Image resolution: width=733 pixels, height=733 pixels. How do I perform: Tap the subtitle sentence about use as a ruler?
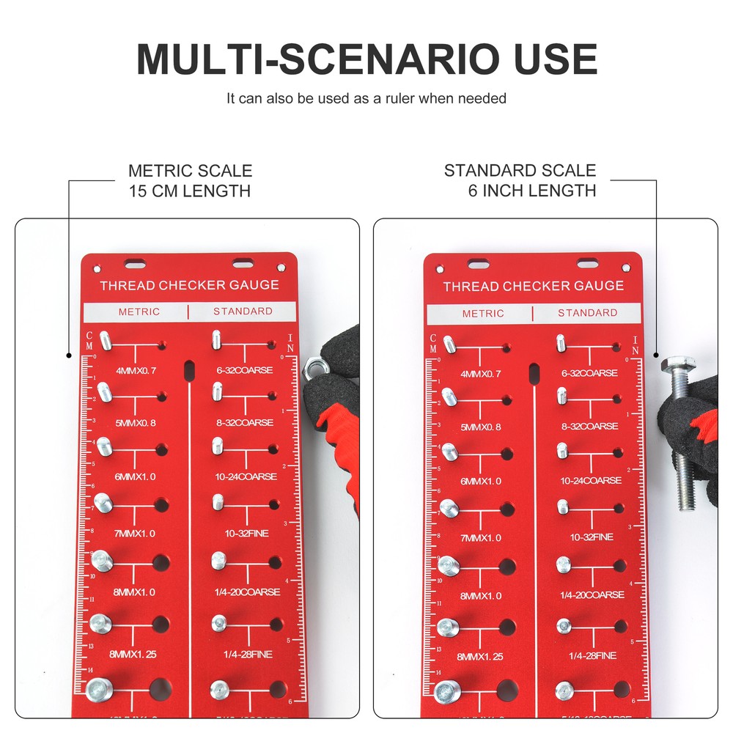click(x=366, y=97)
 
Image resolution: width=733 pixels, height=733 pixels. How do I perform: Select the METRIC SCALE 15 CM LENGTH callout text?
click(x=190, y=181)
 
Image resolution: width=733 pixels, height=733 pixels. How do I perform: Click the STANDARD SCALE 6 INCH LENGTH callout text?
click(x=520, y=180)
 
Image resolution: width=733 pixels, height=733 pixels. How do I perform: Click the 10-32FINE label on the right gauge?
click(x=592, y=537)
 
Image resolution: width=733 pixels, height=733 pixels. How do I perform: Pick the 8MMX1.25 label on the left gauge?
click(x=131, y=654)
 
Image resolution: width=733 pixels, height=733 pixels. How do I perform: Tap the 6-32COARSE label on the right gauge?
click(x=589, y=373)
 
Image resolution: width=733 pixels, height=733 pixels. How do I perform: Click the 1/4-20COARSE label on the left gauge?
click(x=246, y=592)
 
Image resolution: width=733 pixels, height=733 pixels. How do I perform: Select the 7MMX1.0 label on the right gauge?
click(x=480, y=538)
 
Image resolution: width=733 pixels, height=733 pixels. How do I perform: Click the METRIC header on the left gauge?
click(x=139, y=312)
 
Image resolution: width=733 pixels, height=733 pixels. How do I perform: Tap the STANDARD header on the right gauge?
click(x=587, y=312)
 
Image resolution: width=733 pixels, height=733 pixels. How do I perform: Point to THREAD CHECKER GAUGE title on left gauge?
click(x=189, y=285)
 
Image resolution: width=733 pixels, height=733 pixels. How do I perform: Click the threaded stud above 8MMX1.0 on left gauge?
click(x=102, y=561)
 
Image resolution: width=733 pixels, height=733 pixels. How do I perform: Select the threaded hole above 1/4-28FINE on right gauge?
click(x=620, y=626)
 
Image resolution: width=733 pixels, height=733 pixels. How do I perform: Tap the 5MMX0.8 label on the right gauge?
click(x=480, y=427)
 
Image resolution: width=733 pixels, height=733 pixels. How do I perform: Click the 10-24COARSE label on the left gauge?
click(x=246, y=476)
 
